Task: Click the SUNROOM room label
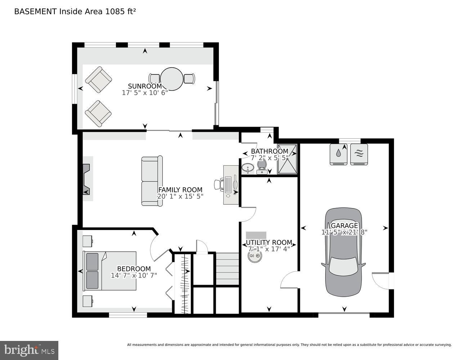point(145,86)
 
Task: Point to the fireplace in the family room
point(86,179)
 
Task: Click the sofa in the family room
point(152,181)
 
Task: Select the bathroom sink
point(247,168)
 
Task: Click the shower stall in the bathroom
point(287,159)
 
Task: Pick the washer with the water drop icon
point(339,154)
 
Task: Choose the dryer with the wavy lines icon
point(359,154)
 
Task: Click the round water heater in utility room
point(255,256)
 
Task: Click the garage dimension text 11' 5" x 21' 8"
point(344,232)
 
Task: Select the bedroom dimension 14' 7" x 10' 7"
point(134,275)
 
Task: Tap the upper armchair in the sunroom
point(98,80)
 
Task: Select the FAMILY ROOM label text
point(180,190)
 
